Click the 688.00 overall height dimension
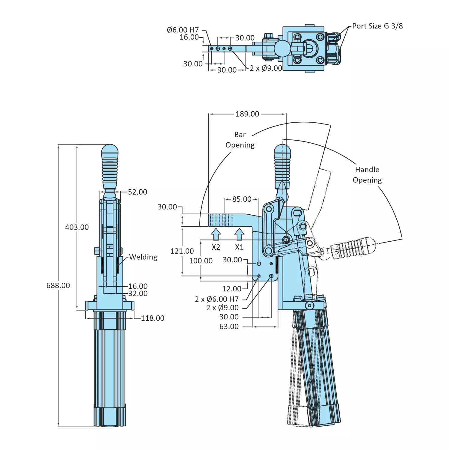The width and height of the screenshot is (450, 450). [58, 285]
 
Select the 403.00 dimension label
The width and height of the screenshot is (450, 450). [77, 227]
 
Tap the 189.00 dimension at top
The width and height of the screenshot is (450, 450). [247, 114]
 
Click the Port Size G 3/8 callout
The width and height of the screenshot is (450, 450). [377, 26]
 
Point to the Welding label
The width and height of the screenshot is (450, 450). [143, 257]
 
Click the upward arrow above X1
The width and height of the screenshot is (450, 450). [239, 234]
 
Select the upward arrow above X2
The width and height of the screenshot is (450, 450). [216, 234]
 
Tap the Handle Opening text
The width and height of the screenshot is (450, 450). [367, 175]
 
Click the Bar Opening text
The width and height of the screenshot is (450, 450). [240, 140]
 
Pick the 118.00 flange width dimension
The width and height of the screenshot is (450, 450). [153, 318]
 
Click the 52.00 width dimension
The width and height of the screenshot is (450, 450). [137, 192]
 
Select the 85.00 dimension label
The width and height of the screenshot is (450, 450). [242, 199]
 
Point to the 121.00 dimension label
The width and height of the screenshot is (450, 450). [182, 251]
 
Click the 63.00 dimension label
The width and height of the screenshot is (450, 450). [229, 326]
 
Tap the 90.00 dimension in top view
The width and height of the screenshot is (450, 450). [227, 70]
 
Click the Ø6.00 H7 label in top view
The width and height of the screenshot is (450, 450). [183, 30]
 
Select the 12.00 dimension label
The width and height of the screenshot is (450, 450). [231, 289]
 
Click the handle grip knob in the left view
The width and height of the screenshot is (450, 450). [110, 166]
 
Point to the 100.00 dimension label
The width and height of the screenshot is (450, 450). [201, 261]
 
